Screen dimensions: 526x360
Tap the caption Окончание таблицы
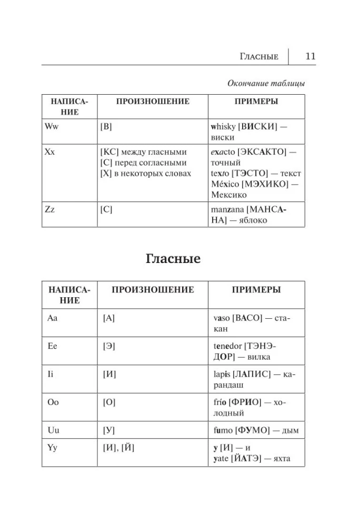tap(266, 83)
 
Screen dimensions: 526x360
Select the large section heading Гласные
tap(173, 259)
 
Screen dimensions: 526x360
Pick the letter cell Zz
tap(49, 209)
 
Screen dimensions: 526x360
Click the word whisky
tap(224, 126)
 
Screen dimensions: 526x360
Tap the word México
tap(224, 184)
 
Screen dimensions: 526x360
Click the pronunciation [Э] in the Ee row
tap(109, 347)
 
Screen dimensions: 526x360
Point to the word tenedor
tap(228, 347)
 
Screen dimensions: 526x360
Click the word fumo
tap(223, 430)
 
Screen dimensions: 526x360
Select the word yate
tap(222, 459)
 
